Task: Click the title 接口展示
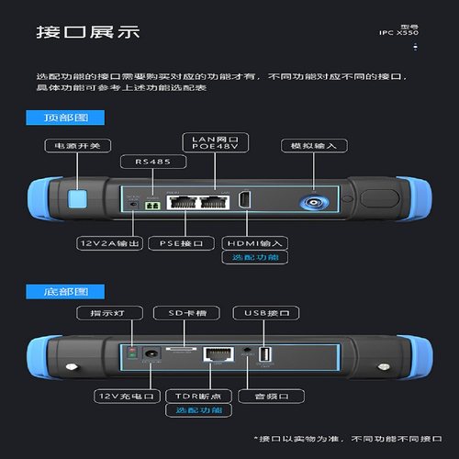87,32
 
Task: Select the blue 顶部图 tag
65,118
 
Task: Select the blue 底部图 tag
65,291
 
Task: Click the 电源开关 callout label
75,145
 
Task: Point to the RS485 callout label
153,162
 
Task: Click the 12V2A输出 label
108,243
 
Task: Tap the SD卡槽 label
181,314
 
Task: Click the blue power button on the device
78,197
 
